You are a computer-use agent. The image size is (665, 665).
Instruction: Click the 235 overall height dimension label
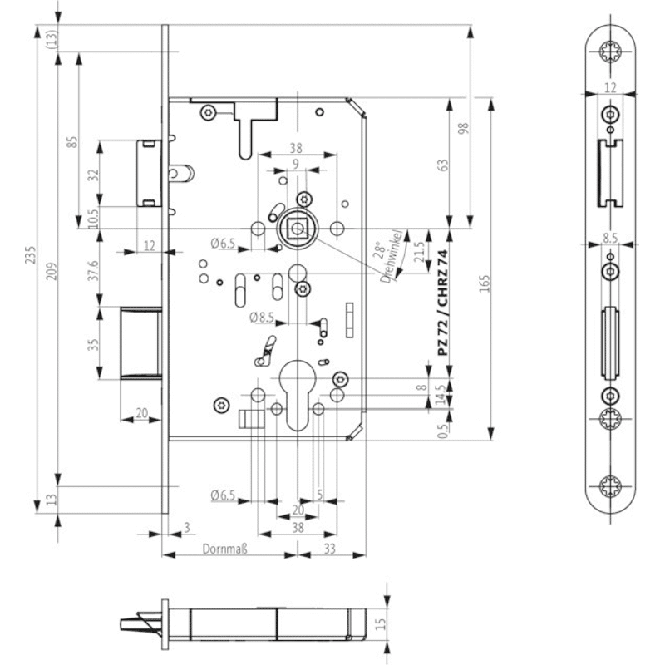click(31, 254)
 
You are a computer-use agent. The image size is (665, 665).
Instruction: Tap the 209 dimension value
click(51, 271)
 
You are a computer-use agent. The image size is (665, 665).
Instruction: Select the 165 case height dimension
click(485, 283)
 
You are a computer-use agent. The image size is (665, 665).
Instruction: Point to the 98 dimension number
click(464, 128)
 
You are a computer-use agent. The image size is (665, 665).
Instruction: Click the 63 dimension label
click(442, 165)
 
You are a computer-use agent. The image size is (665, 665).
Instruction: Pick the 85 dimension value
click(72, 141)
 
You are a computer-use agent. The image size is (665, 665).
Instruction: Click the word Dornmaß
click(224, 549)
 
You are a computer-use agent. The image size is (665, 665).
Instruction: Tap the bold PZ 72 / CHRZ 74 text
click(443, 303)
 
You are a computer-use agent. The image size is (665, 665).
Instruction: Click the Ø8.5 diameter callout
click(262, 318)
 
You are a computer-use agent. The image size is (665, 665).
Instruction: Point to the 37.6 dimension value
click(93, 270)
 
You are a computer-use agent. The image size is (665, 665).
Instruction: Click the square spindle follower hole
click(297, 229)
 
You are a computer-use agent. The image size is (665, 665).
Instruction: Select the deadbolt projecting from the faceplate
click(140, 343)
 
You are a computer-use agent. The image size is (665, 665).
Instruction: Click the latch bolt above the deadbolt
click(149, 173)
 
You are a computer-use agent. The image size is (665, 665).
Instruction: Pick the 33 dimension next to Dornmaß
click(329, 549)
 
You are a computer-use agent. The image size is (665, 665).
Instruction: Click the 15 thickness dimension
click(381, 623)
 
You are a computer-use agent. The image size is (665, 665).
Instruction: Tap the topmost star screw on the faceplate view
click(610, 52)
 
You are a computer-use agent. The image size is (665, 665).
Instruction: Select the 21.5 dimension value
click(419, 252)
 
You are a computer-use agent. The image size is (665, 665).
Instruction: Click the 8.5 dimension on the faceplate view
click(610, 238)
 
